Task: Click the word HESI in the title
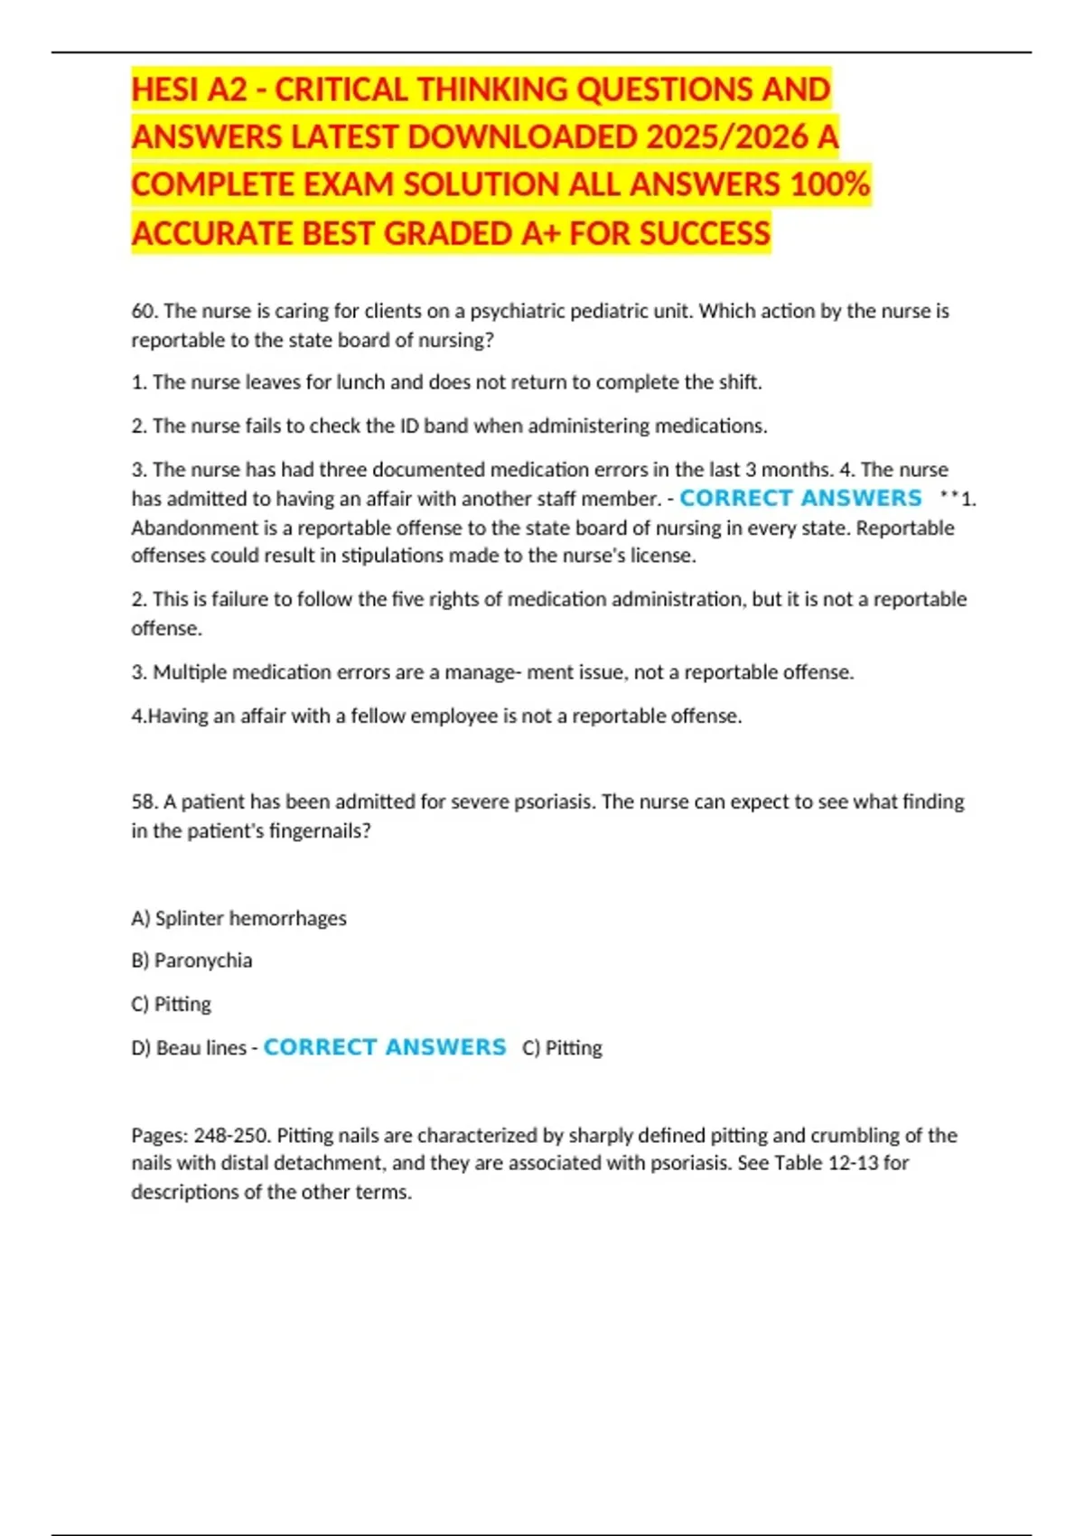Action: (x=165, y=89)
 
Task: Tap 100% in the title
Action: (x=829, y=184)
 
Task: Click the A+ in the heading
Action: (x=541, y=233)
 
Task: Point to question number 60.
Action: (x=145, y=311)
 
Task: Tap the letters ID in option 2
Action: (x=409, y=426)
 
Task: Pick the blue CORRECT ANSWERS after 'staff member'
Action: (x=800, y=498)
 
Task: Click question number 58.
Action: (x=145, y=801)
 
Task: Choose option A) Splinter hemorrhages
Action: (x=238, y=918)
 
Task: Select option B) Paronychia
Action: (x=192, y=960)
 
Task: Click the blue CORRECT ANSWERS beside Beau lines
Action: (x=385, y=1047)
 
